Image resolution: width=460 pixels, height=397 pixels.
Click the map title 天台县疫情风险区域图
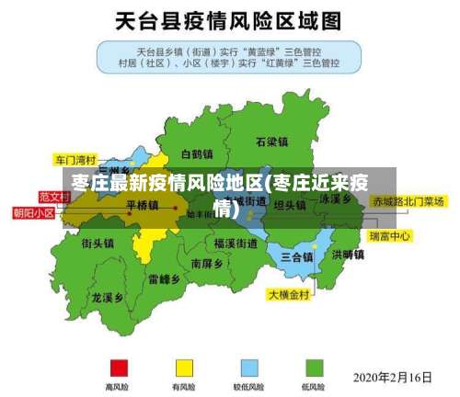tap(229, 19)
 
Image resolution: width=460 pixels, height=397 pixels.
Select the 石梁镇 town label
tap(272, 142)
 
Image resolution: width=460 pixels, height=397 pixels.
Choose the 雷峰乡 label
tap(164, 278)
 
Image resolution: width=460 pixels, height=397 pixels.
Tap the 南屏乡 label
tap(207, 263)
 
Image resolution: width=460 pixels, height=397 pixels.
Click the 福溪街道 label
tap(236, 244)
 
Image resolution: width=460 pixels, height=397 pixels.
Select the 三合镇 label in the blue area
tap(297, 256)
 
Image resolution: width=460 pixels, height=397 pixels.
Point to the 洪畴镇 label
tap(348, 255)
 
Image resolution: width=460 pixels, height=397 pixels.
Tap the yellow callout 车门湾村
tap(75, 157)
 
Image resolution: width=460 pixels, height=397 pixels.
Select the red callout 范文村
tap(54, 197)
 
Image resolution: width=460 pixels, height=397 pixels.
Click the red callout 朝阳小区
tap(33, 212)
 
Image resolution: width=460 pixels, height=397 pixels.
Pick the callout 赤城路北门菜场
tap(408, 200)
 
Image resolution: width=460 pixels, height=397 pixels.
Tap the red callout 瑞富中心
tap(389, 236)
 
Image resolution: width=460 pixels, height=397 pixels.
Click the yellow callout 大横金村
tap(290, 295)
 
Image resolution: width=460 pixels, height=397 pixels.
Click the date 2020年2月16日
tap(393, 377)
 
